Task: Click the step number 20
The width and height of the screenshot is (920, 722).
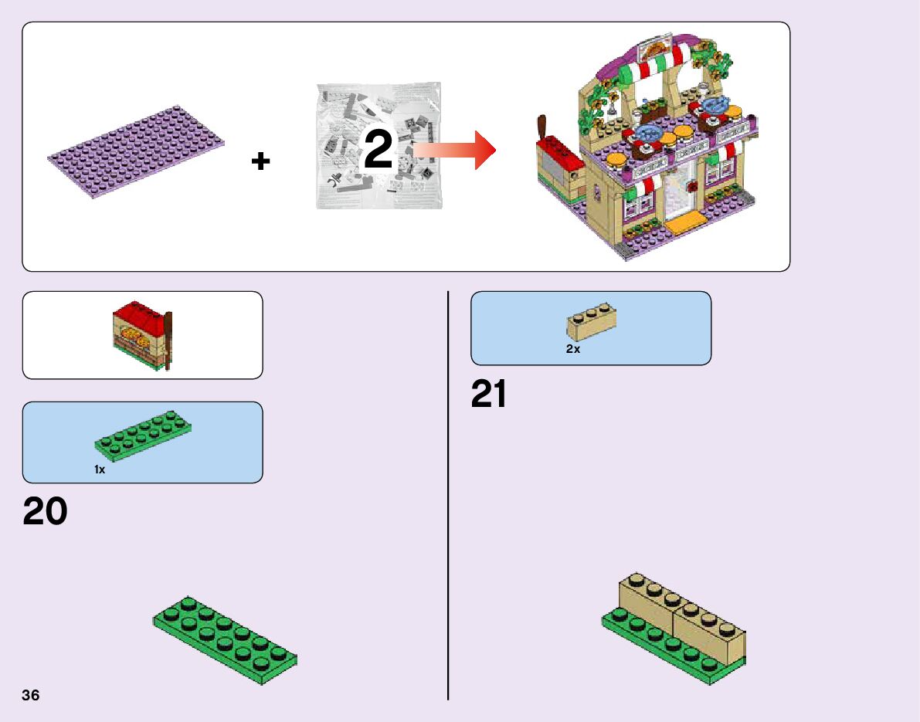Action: click(x=46, y=512)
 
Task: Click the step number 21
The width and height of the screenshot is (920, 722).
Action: click(x=489, y=395)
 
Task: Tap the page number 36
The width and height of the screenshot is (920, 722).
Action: click(x=31, y=695)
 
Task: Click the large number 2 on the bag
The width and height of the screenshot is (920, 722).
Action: click(x=379, y=150)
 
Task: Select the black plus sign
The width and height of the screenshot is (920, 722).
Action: click(x=261, y=161)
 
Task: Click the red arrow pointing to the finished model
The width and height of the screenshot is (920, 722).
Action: click(x=456, y=150)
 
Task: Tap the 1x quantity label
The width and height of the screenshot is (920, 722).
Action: click(x=100, y=469)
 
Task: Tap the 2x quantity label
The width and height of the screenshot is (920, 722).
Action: click(x=572, y=349)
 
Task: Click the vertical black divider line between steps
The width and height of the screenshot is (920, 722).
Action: click(x=448, y=494)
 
